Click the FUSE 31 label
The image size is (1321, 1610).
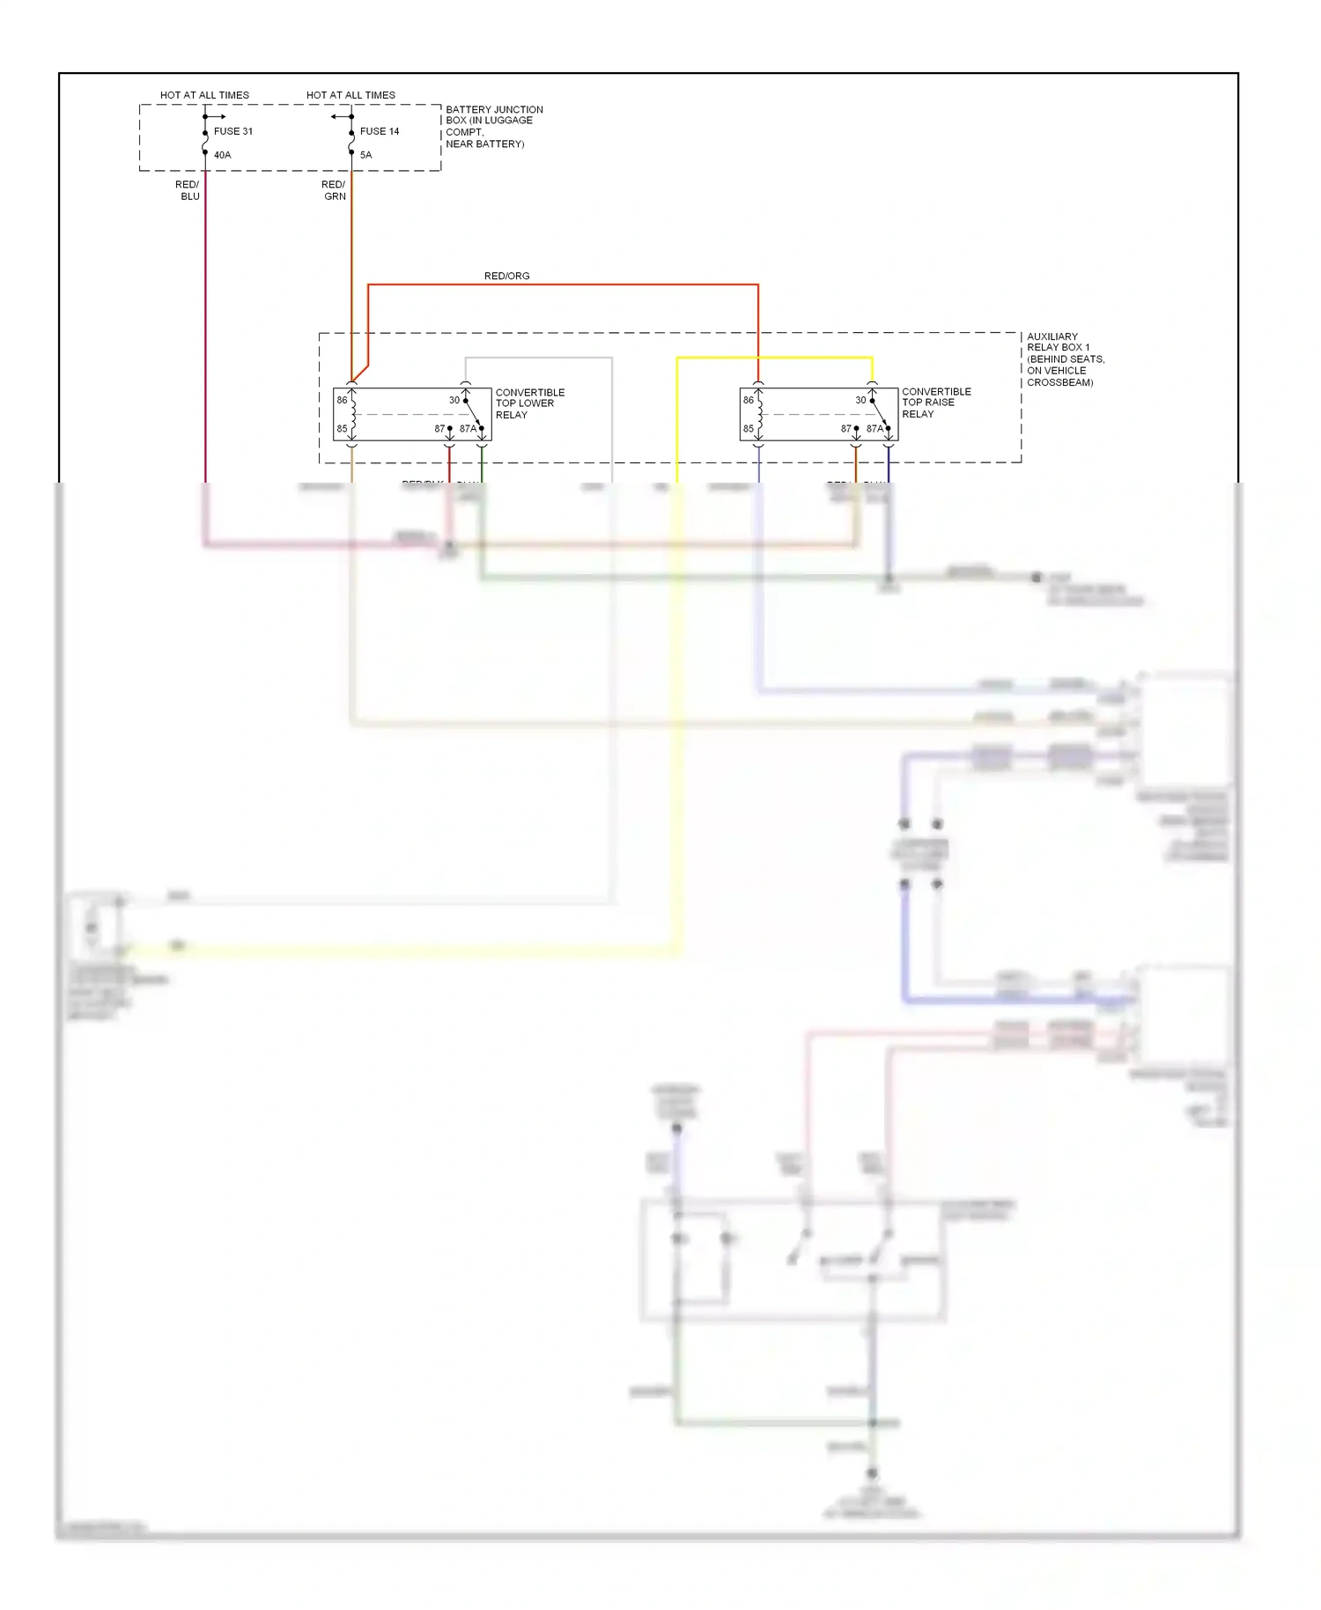tap(232, 131)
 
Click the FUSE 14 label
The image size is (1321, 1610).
tap(379, 131)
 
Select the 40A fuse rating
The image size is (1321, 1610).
tap(222, 155)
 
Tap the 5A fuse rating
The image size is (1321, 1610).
tap(365, 155)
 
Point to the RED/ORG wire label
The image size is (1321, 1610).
tap(506, 276)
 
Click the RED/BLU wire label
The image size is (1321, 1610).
tap(188, 190)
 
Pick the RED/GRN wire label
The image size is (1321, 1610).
tap(334, 190)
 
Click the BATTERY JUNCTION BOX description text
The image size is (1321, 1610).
tap(493, 127)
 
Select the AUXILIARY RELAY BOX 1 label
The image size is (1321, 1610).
tap(1064, 359)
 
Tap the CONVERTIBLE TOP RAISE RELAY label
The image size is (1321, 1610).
tap(935, 402)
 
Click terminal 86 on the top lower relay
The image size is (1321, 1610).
tap(342, 400)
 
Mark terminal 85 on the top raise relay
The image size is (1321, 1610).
tap(748, 429)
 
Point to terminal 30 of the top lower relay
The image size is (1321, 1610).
tap(454, 400)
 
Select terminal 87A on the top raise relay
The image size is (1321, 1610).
tap(874, 429)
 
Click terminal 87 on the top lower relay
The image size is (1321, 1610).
tap(439, 429)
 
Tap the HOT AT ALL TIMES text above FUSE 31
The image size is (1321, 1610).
tap(204, 95)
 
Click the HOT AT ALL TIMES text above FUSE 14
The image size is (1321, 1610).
tap(351, 95)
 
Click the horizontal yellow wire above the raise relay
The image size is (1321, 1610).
tap(775, 358)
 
